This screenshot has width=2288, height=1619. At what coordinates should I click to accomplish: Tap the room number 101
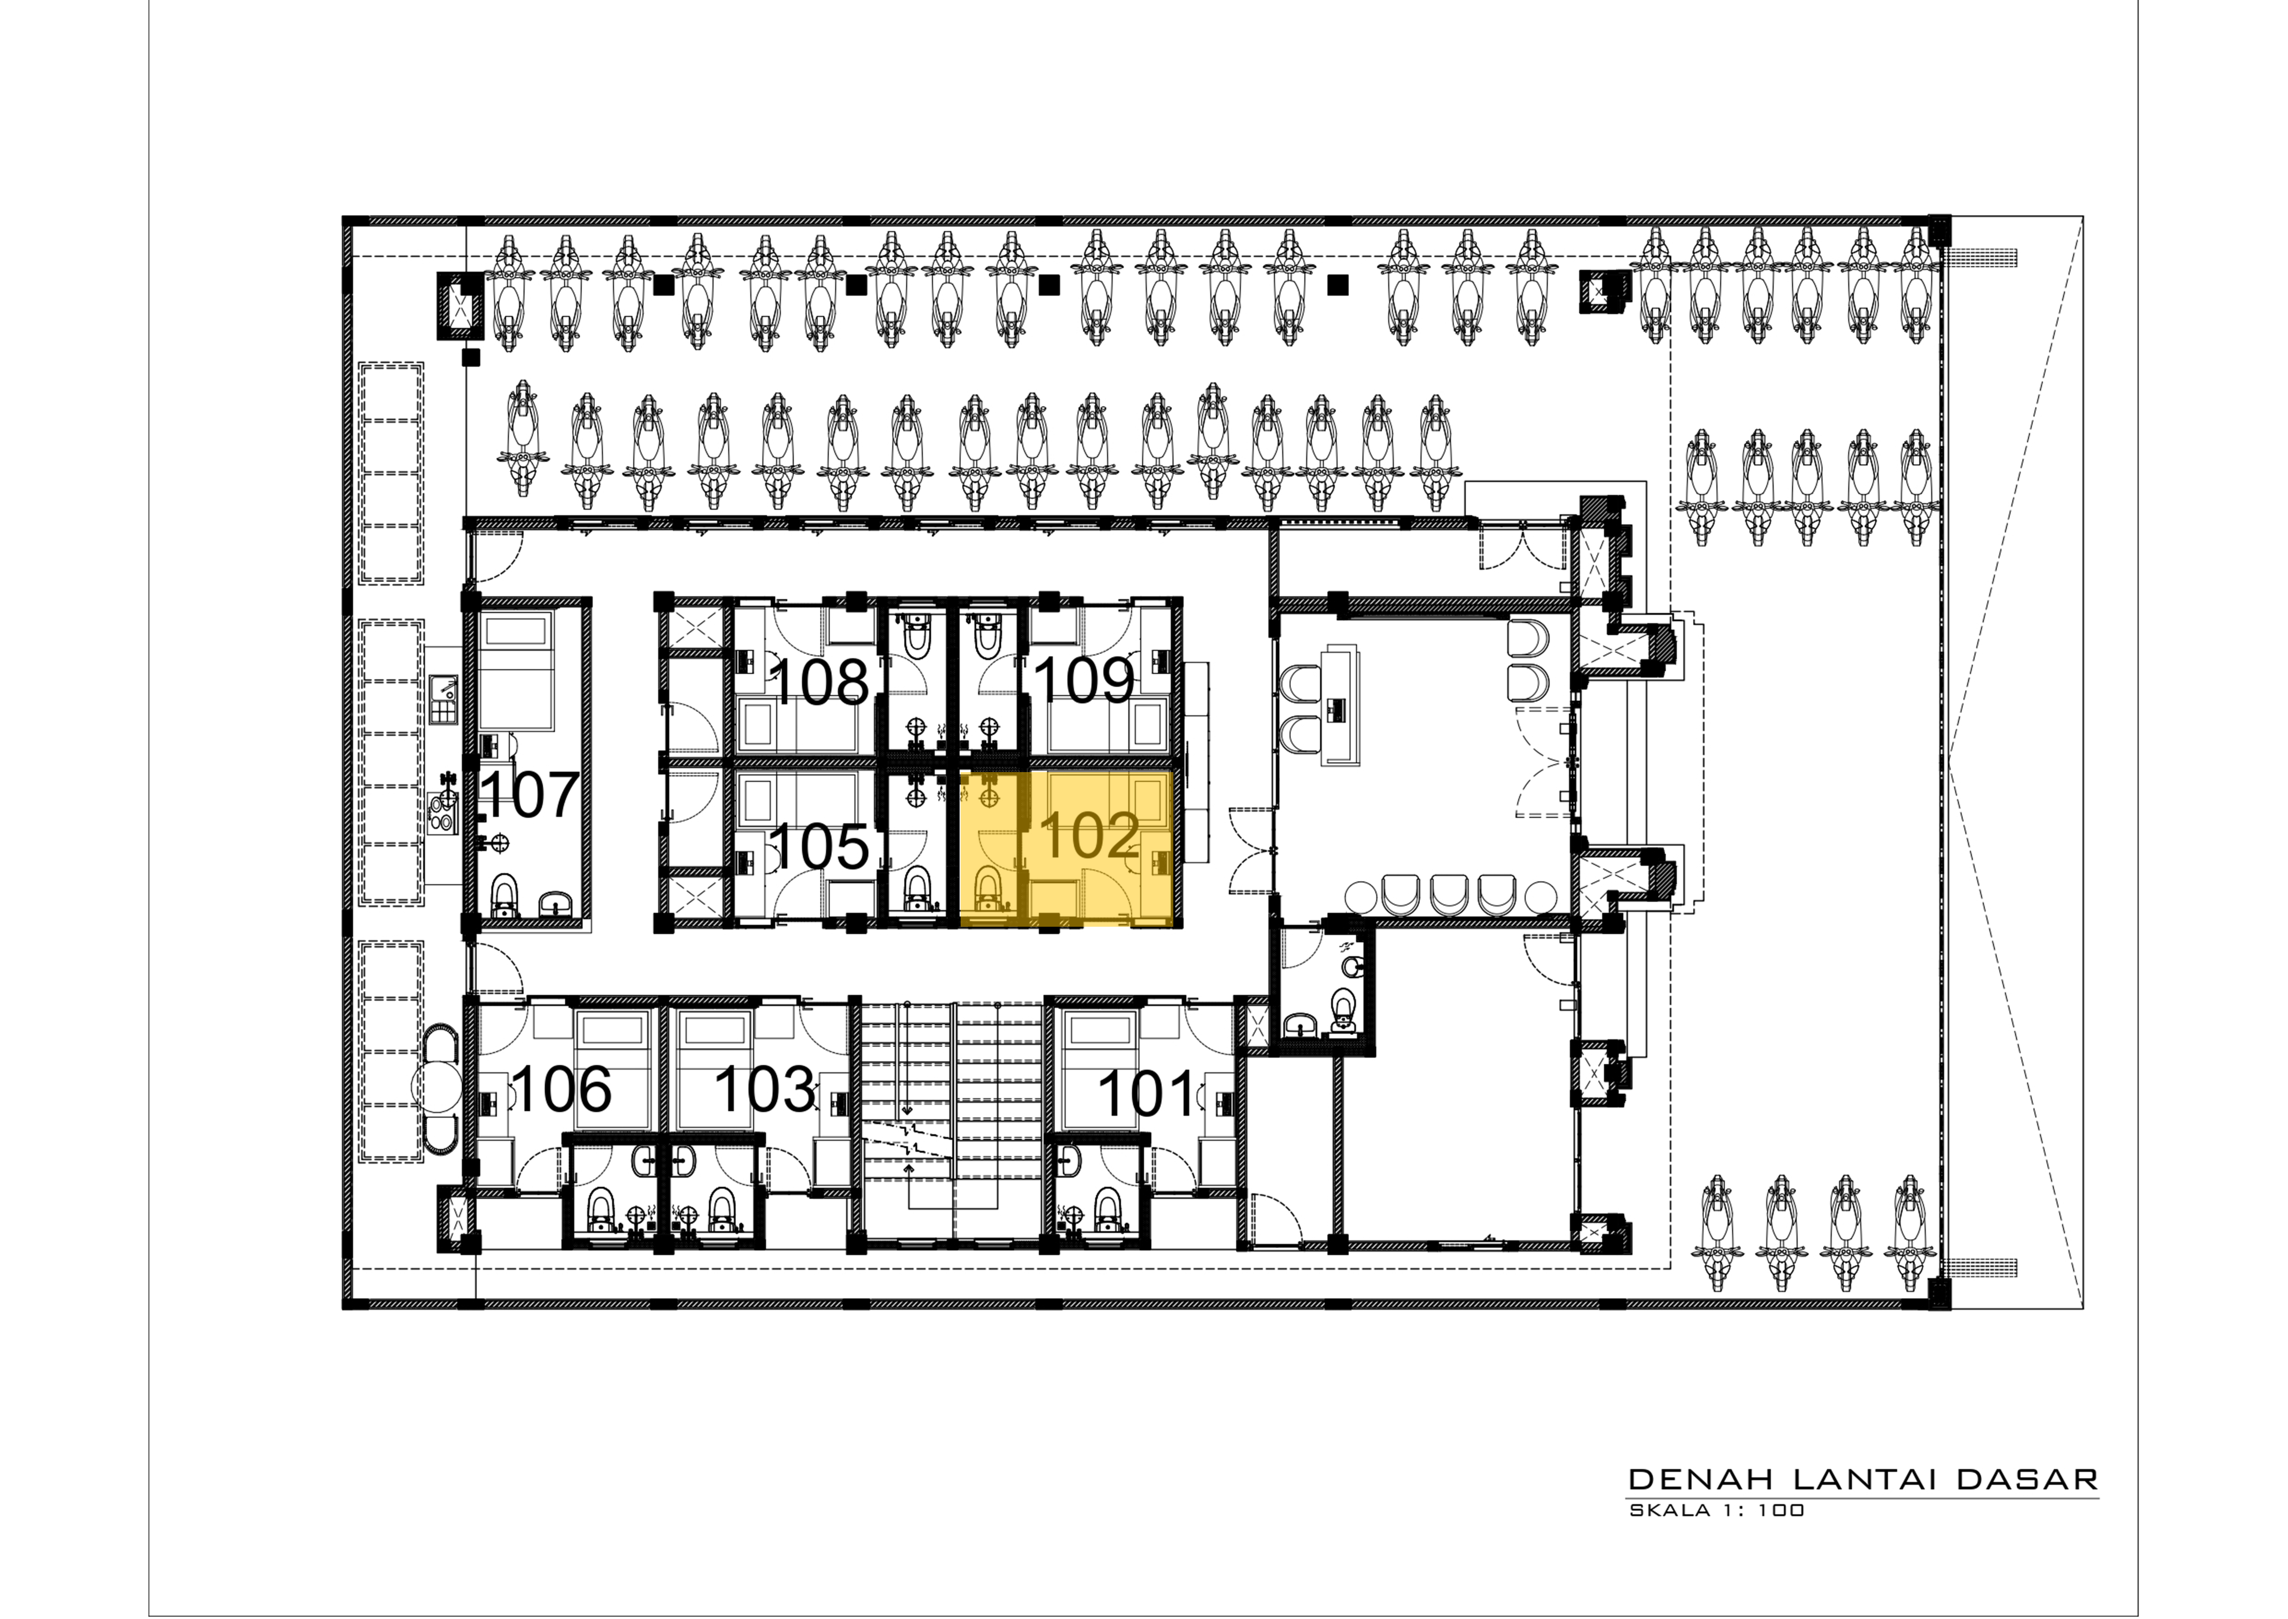click(1146, 1094)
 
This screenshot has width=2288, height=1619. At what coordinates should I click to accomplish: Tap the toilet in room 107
click(505, 895)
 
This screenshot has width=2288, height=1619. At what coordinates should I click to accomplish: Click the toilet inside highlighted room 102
click(987, 889)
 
